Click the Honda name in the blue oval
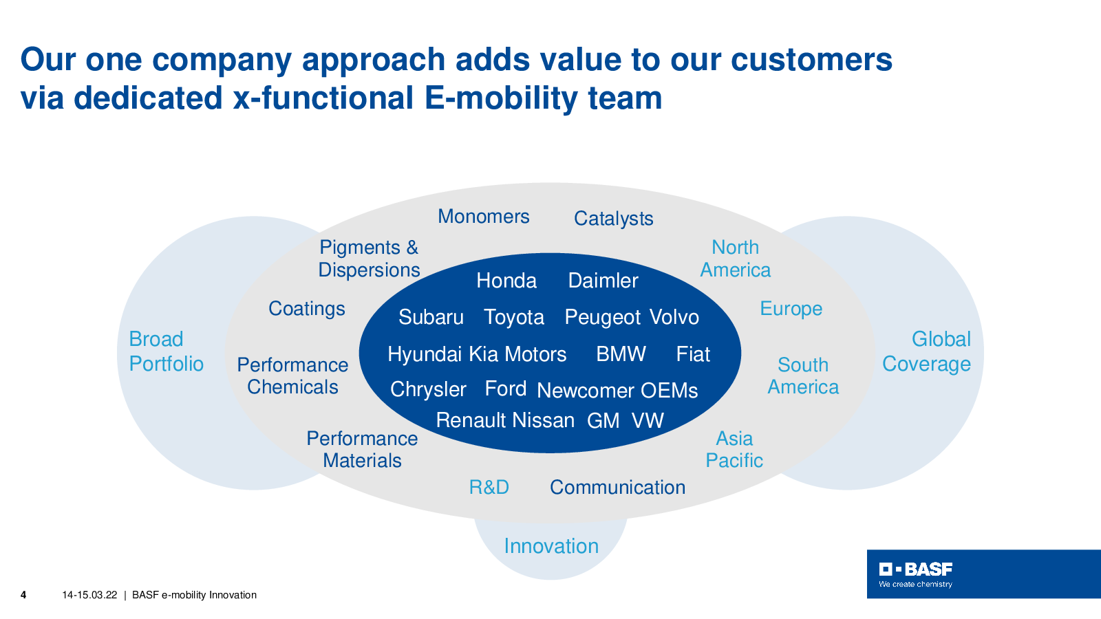pos(506,281)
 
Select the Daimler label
pos(603,281)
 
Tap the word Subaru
pos(431,317)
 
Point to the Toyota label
pos(514,317)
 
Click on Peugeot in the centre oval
pos(603,317)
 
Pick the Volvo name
pos(674,317)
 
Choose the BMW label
pos(621,354)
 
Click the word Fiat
pos(693,354)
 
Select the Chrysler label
pos(428,389)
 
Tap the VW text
pos(648,420)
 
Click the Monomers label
pos(484,216)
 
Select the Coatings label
pos(307,309)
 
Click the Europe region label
pos(791,309)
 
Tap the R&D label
pos(489,488)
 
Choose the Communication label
pos(617,488)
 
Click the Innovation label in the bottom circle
pos(551,546)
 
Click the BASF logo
pos(916,574)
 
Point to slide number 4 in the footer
pos(23,595)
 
